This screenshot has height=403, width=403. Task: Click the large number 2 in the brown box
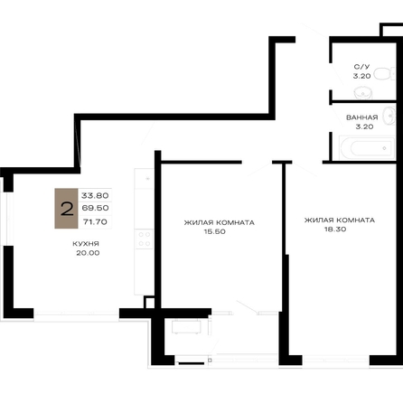tap(67, 209)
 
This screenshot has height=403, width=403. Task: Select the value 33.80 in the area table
tap(95, 195)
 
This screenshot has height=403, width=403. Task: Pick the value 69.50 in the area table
tap(95, 208)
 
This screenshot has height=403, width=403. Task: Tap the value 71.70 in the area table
tap(95, 222)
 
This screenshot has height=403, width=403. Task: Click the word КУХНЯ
tap(86, 244)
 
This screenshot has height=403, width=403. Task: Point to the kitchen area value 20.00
tap(88, 253)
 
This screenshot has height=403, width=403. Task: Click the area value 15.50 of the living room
tap(214, 231)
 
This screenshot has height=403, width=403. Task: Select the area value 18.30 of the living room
tap(335, 230)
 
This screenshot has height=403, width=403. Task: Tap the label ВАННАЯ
tap(362, 117)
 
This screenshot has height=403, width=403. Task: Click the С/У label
tap(361, 67)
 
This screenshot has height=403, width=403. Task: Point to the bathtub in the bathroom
tap(367, 147)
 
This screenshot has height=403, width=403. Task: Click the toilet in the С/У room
tap(384, 73)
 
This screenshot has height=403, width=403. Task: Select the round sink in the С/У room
tap(363, 92)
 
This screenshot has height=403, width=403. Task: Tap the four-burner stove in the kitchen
tap(144, 239)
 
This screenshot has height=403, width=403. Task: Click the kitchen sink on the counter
tap(145, 179)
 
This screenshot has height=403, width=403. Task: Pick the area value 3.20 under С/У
tap(361, 76)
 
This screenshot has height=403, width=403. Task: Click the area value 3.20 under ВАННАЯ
tap(364, 127)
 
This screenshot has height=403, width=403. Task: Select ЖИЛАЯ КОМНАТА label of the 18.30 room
tap(340, 220)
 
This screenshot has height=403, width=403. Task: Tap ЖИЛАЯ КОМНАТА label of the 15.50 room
tap(220, 222)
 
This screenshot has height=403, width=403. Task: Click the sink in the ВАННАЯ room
tap(389, 116)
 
